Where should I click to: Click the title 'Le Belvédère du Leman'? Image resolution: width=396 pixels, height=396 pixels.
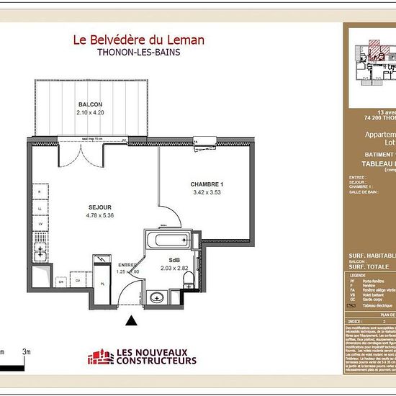(x=138, y=40)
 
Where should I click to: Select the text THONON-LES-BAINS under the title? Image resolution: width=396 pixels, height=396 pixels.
(x=138, y=53)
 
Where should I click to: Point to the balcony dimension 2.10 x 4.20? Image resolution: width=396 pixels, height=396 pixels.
(x=91, y=113)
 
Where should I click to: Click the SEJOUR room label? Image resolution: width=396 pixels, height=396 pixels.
(x=91, y=206)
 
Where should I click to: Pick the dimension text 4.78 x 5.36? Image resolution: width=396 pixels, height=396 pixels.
(x=91, y=215)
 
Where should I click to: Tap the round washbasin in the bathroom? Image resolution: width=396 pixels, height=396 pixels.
(x=157, y=296)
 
